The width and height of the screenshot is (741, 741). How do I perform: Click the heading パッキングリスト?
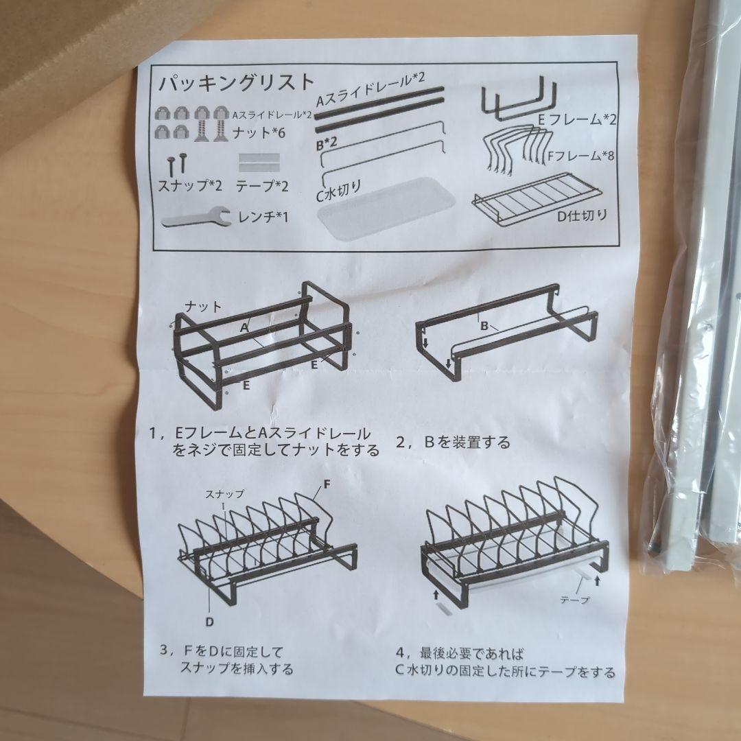click(x=236, y=82)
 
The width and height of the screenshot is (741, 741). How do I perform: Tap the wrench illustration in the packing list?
click(x=196, y=218)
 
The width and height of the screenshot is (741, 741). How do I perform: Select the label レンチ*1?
click(x=263, y=217)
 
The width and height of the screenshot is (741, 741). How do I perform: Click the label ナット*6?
click(x=259, y=133)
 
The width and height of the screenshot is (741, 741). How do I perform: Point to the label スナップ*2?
click(x=190, y=185)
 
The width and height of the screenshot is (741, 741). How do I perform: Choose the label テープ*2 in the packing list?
click(x=262, y=186)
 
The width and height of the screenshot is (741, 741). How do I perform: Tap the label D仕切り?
click(x=582, y=216)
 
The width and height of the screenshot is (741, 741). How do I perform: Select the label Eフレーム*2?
click(x=577, y=119)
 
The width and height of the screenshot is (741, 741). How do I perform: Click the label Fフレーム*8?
click(x=581, y=155)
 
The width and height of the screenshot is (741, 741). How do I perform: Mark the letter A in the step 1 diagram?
click(x=244, y=327)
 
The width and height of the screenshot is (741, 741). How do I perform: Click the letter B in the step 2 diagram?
click(x=484, y=326)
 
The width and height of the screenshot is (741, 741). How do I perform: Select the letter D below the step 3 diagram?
click(x=209, y=622)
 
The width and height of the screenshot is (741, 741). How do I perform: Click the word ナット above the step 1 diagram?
click(x=202, y=307)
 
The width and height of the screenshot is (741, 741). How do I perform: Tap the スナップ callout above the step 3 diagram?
click(x=224, y=494)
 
